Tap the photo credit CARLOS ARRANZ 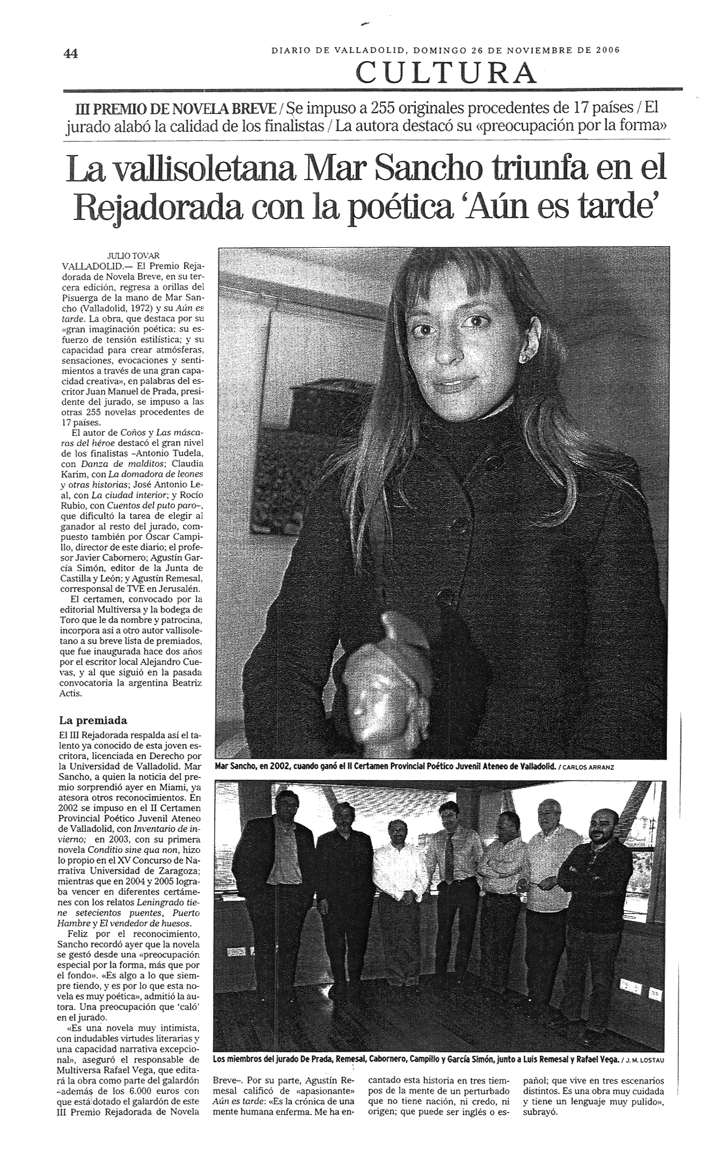click(x=589, y=767)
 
